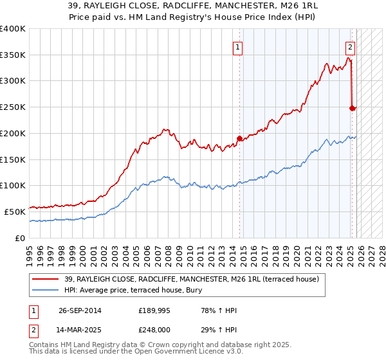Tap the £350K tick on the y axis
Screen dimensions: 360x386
[x=13, y=55]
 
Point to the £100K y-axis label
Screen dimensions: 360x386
[x=13, y=185]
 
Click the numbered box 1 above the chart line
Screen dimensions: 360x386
[x=238, y=46]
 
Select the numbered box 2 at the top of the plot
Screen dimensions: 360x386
[x=350, y=46]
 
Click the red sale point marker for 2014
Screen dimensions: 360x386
[x=239, y=138]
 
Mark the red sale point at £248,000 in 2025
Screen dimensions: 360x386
[x=352, y=108]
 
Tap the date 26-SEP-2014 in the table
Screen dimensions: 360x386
[x=80, y=310]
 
